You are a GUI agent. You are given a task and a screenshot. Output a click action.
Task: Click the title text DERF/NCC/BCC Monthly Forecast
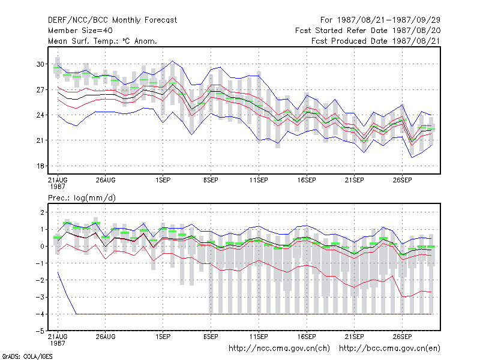[x=112, y=20]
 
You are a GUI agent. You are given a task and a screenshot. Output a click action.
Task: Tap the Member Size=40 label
[x=80, y=31]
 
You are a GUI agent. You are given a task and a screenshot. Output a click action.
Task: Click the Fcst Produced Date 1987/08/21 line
[x=376, y=41]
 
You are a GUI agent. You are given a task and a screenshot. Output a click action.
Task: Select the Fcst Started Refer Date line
[x=368, y=31]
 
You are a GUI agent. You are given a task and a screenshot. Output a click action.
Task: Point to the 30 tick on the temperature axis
[x=40, y=64]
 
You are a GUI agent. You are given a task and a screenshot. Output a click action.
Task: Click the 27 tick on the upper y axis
[x=40, y=89]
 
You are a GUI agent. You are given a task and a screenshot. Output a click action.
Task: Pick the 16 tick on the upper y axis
[x=40, y=166]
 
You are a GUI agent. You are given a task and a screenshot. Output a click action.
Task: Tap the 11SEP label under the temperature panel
[x=259, y=181]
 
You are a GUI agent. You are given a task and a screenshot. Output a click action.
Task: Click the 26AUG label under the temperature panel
[x=106, y=181]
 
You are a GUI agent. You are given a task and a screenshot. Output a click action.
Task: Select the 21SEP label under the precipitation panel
[x=355, y=337]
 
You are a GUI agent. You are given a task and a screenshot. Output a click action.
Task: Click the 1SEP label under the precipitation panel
[x=163, y=337]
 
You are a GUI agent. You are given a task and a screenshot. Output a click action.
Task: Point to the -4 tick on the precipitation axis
[x=40, y=314]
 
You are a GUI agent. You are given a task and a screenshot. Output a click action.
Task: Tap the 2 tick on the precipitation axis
[x=42, y=212]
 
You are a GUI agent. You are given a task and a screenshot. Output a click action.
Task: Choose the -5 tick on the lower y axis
[x=40, y=331]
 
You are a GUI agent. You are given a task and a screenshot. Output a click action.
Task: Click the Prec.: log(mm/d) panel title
[x=82, y=198]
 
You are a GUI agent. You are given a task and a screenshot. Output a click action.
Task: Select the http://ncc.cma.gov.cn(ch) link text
[x=279, y=349]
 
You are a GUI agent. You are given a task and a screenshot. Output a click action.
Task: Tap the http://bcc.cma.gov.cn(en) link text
[x=389, y=349]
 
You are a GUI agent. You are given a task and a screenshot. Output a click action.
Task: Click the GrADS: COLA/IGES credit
[x=27, y=356]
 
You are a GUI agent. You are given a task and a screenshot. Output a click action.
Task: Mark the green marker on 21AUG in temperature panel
[x=58, y=68]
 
